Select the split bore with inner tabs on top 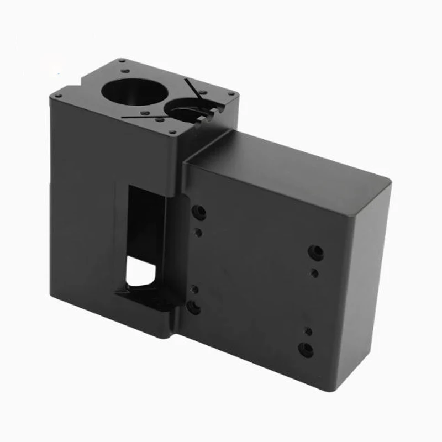click(x=191, y=110)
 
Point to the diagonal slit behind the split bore click(x=193, y=88)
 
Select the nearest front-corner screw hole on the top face click(x=173, y=132)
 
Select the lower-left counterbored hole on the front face click(x=194, y=308)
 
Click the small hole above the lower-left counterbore click(x=194, y=288)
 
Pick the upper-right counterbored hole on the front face click(x=316, y=252)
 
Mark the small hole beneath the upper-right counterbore click(x=314, y=272)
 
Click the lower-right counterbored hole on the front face click(x=306, y=350)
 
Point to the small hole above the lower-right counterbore click(x=308, y=331)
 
